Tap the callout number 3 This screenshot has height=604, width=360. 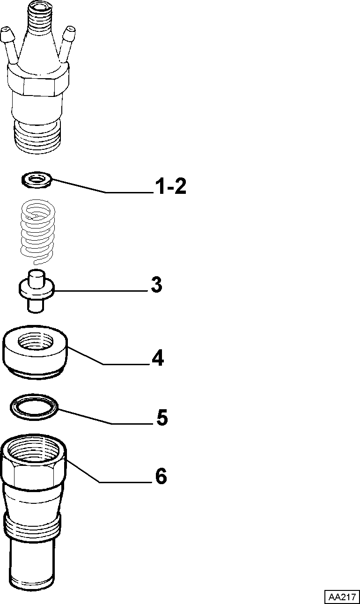[x=156, y=285]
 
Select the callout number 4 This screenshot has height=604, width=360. [x=158, y=358]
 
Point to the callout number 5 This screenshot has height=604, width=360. [x=162, y=418]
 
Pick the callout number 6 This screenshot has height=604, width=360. [x=161, y=476]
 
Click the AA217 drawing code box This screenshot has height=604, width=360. [x=342, y=596]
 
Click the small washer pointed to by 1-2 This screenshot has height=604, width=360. [x=37, y=180]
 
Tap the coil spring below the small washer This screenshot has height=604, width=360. [x=38, y=232]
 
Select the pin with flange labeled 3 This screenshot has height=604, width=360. [x=37, y=291]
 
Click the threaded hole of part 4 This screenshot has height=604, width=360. [x=35, y=341]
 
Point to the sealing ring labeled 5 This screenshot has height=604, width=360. [x=34, y=407]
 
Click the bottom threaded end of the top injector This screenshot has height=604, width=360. [x=37, y=138]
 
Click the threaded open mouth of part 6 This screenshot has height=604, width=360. [x=33, y=446]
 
